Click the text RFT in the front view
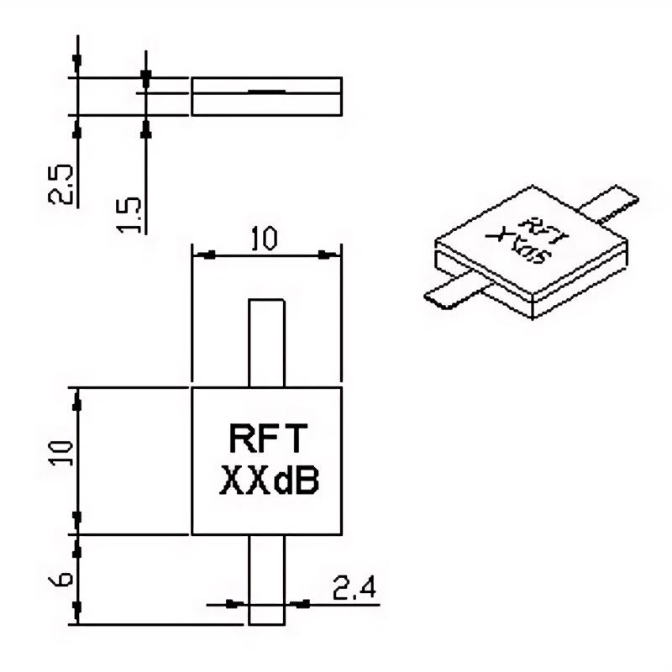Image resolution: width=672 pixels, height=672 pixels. (x=267, y=438)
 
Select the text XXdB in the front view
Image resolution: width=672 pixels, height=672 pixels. (x=267, y=480)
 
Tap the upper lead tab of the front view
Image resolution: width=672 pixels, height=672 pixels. (x=267, y=343)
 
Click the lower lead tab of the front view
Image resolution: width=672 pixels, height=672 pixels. (x=267, y=580)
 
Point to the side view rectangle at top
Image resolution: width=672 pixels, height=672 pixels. (x=267, y=96)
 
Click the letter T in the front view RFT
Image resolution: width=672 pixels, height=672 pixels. (x=298, y=438)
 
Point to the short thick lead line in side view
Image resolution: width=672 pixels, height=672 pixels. (x=266, y=89)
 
